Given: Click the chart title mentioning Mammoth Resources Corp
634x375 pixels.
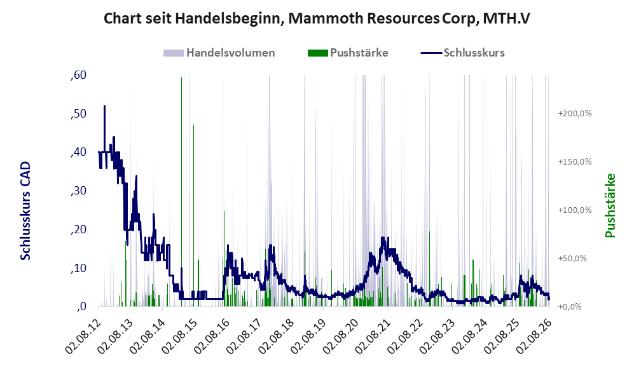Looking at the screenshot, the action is [317, 18].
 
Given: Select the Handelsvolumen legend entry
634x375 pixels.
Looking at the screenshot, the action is [219, 53].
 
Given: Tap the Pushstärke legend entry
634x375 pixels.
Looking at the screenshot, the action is [348, 53].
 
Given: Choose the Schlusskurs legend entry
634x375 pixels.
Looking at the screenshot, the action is [462, 53].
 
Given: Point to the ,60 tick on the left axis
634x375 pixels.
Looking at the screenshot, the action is [78, 75].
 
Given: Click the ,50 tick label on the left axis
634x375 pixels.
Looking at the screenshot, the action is [78, 114].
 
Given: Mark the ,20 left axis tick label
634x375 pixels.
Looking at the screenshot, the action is [78, 229].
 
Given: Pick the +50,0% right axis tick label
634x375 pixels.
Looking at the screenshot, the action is [572, 258].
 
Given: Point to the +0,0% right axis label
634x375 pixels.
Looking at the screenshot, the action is [570, 307].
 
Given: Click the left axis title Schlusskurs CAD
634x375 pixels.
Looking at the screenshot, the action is [25, 210].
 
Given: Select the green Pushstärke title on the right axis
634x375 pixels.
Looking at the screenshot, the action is [610, 206].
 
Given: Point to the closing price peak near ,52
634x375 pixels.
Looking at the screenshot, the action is [105, 106].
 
